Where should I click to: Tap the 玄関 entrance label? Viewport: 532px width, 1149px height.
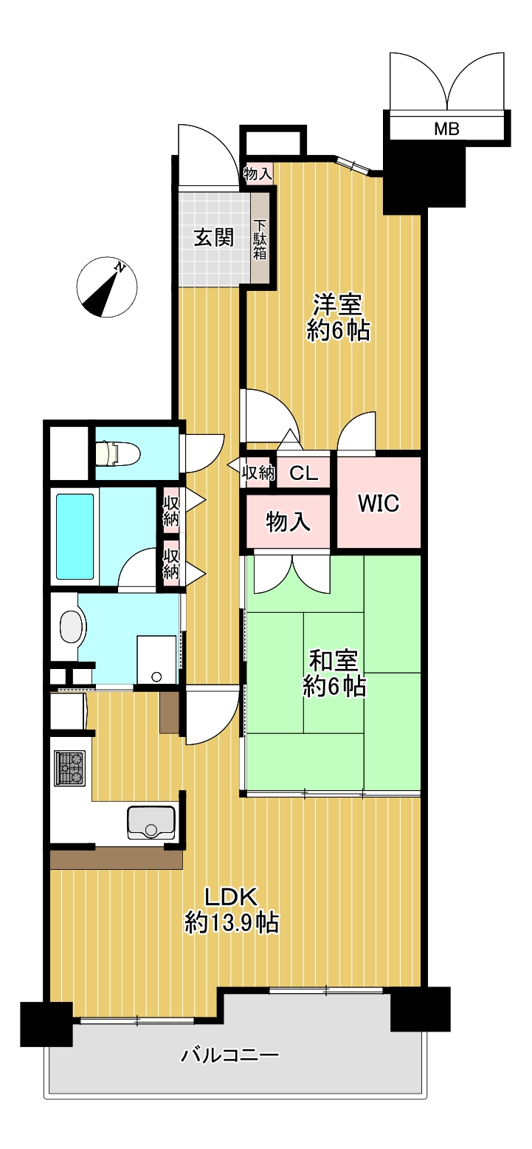coord(213,238)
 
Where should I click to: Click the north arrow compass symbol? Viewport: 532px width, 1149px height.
coord(106,287)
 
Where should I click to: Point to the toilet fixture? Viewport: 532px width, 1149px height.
coord(117,453)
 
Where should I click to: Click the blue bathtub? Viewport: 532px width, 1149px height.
coord(75,536)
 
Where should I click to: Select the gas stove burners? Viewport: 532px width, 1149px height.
coord(70,768)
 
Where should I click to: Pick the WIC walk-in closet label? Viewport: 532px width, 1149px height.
coord(379,503)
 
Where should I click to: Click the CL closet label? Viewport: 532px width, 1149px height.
coord(303,473)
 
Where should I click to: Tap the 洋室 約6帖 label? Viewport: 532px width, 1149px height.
coord(338,317)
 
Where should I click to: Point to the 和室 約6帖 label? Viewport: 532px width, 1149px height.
coord(334,673)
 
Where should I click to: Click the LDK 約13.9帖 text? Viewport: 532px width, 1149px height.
coord(231,910)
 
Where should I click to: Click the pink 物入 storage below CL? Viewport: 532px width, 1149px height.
coord(288,521)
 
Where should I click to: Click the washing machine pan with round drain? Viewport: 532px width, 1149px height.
coord(156,659)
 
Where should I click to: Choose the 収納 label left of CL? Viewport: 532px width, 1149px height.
coord(258,473)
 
